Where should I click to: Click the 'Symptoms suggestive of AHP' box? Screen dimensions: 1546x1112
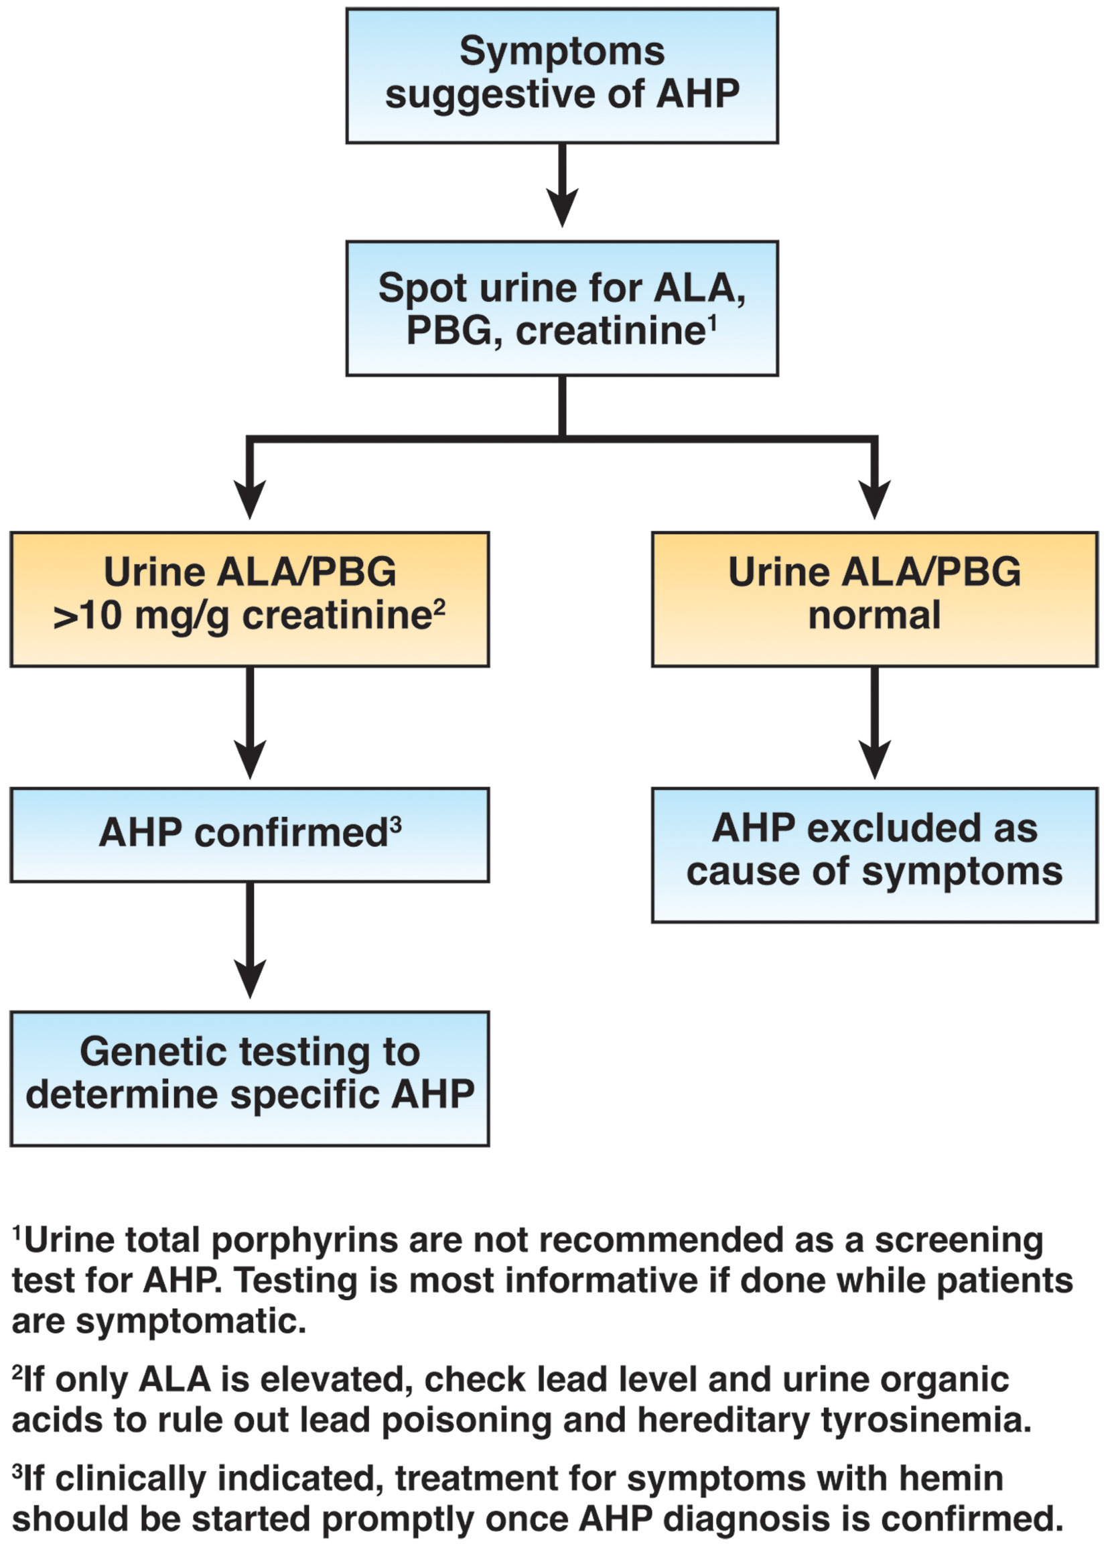click(x=561, y=75)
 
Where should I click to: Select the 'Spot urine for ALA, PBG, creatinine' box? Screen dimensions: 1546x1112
click(x=561, y=308)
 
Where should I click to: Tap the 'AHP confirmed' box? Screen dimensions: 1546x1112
click(x=249, y=834)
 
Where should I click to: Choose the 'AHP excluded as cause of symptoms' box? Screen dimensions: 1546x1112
click(x=874, y=855)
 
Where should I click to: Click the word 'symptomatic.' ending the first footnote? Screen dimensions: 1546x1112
click(x=191, y=1322)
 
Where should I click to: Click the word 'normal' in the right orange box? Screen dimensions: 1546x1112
click(x=874, y=616)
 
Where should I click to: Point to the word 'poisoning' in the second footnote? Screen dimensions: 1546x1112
click(x=466, y=1420)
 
